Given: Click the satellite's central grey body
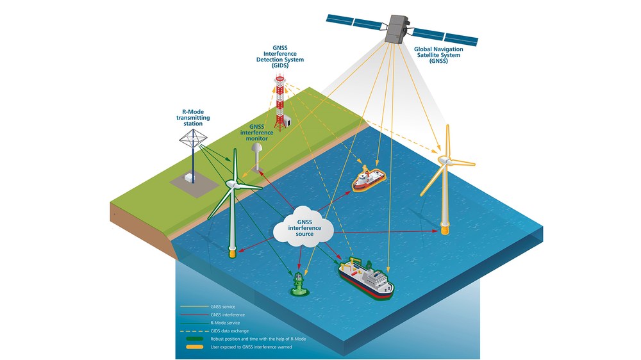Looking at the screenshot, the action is tap(396, 29).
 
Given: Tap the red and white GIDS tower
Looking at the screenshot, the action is tap(279, 102).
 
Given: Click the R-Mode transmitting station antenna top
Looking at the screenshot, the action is tap(193, 138).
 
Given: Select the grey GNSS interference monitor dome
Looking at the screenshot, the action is tap(257, 149).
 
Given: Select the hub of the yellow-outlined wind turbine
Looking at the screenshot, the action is tap(443, 160).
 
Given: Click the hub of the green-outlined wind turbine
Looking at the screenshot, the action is tap(231, 184).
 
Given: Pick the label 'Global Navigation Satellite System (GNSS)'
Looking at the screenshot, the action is tap(438, 55).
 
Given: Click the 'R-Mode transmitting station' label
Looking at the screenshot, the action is tap(193, 118).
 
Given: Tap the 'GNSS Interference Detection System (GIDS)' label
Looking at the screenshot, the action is tap(280, 57).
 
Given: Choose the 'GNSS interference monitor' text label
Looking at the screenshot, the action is tap(257, 133).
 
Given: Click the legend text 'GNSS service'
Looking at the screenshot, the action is tap(223, 306).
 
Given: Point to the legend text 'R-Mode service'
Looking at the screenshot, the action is tap(225, 323).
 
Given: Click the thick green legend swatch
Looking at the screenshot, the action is tap(195, 339).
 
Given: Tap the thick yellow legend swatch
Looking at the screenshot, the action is tap(195, 347).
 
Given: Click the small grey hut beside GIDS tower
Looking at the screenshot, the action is tap(288, 120).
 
